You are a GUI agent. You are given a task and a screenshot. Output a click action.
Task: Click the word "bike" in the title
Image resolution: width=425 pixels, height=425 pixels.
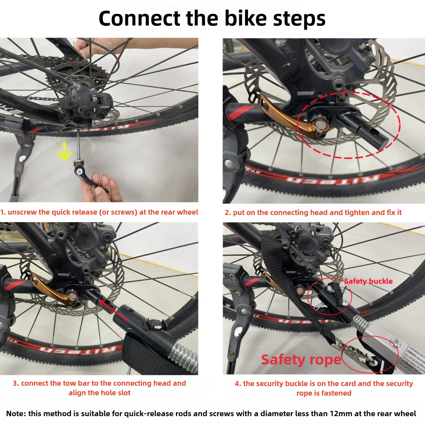pyautogui.click(x=245, y=18)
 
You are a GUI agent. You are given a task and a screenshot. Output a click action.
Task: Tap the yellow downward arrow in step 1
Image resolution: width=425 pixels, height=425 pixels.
pyautogui.click(x=64, y=151)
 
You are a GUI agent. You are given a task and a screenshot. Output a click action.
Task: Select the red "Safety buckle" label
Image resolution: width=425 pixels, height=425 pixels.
pyautogui.click(x=368, y=281)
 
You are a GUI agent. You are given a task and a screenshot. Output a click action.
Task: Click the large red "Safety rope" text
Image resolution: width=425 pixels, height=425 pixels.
pyautogui.click(x=301, y=359)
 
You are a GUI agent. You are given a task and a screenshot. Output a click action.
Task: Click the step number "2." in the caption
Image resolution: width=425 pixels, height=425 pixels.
pyautogui.click(x=228, y=212)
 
